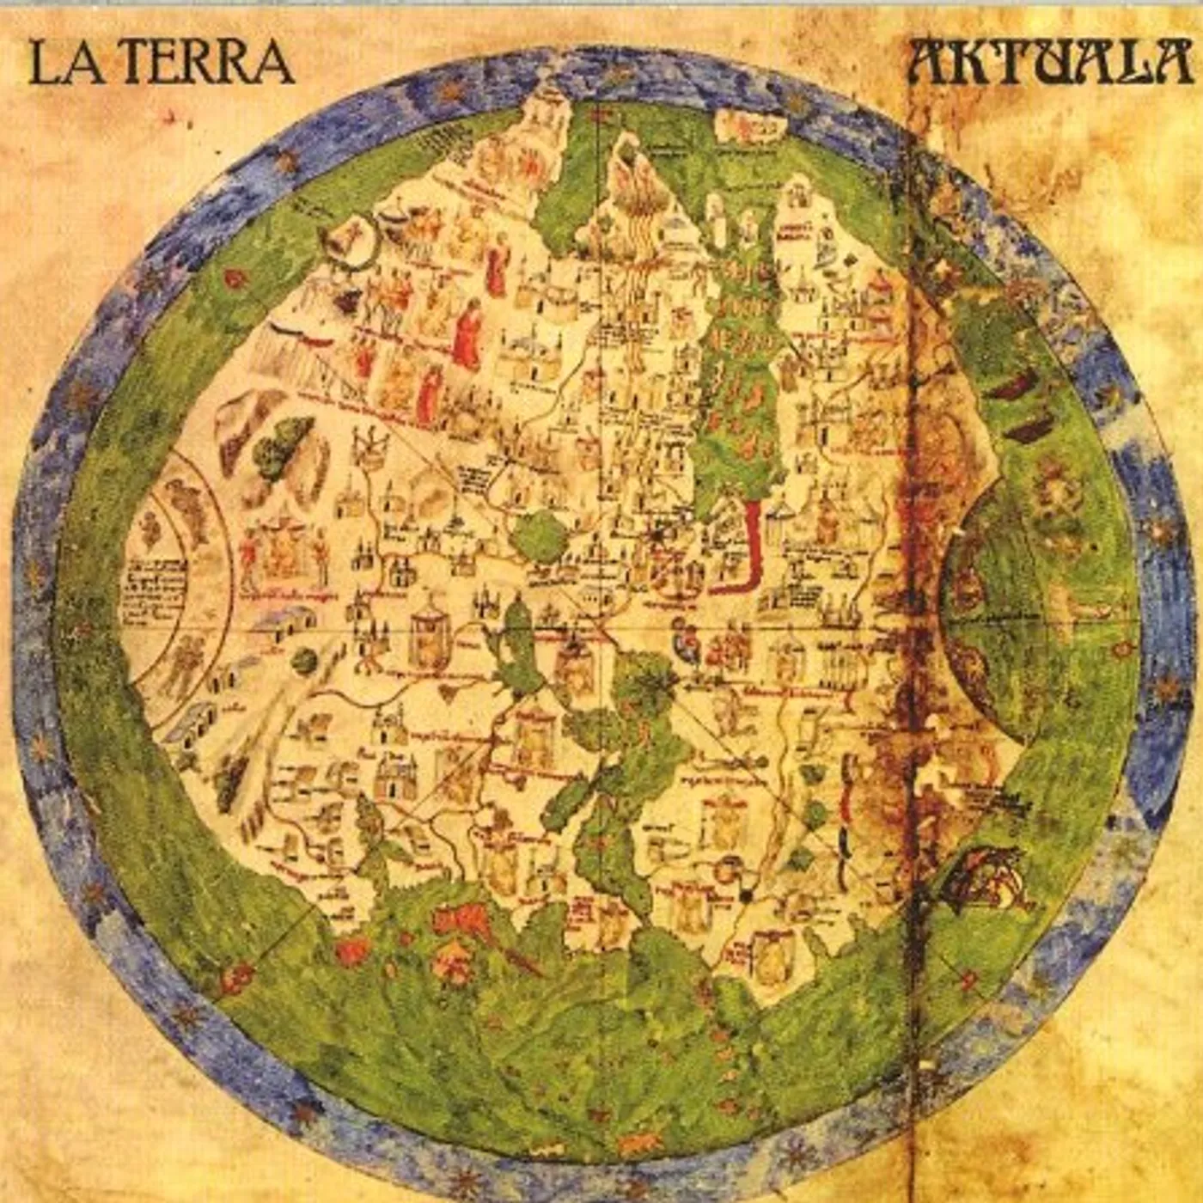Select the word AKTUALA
point(1050,62)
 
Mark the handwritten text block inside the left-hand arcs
point(155,589)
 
